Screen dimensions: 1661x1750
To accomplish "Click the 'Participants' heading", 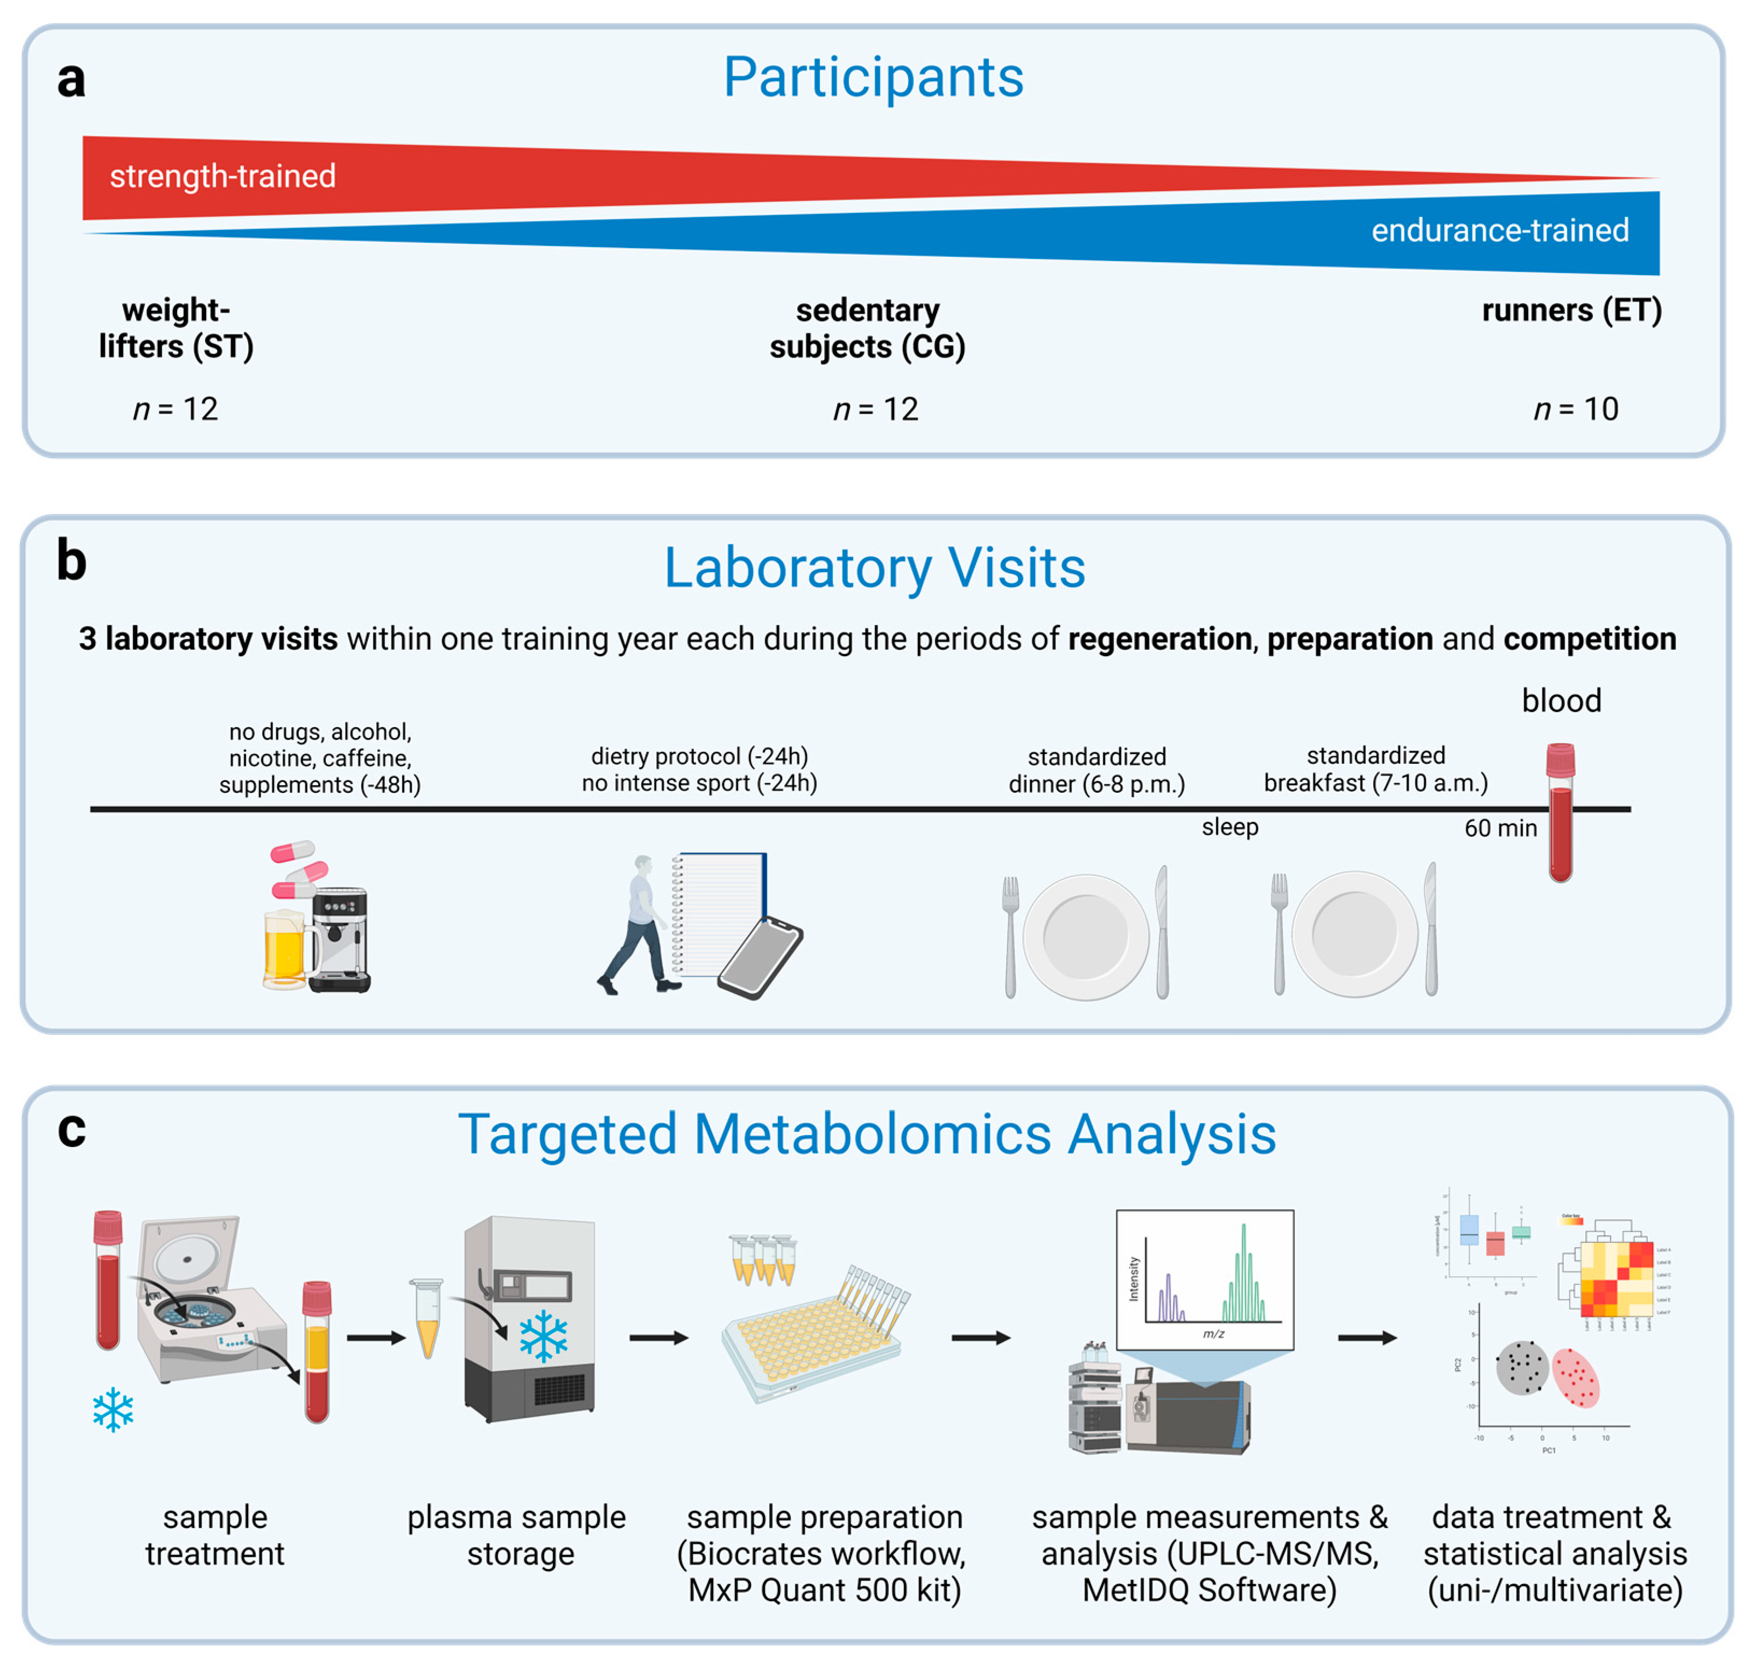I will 873,78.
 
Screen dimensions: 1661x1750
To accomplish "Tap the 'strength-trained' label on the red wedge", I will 222,176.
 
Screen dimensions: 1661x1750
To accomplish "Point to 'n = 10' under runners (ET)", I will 1576,409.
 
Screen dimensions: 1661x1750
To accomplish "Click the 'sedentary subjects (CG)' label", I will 867,328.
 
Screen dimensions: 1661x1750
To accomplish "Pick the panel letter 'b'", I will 72,561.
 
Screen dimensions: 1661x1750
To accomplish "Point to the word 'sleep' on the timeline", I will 1229,827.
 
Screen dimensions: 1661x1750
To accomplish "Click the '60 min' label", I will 1500,828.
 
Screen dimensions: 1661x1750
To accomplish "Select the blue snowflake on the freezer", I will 543,1337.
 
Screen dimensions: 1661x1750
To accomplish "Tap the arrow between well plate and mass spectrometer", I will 980,1338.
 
